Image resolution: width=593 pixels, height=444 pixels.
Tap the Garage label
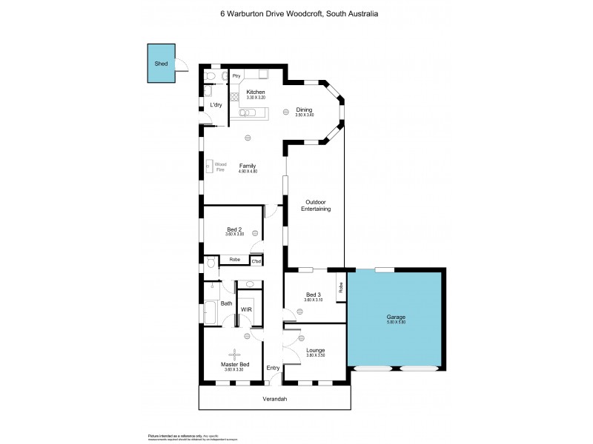tap(396, 317)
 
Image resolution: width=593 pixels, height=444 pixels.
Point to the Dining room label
tap(304, 110)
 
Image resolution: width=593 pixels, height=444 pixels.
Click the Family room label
tap(248, 166)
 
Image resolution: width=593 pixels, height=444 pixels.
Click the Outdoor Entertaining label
tap(316, 206)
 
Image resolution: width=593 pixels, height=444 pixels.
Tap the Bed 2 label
tap(234, 229)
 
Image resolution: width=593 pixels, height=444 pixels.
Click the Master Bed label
tap(234, 365)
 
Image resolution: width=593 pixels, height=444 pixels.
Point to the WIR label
tap(246, 309)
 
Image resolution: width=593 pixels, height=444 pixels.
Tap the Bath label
tap(226, 303)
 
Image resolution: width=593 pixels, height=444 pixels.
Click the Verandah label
tap(275, 400)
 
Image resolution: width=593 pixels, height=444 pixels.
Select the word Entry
tap(274, 368)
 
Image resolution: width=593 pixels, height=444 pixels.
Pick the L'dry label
tap(216, 105)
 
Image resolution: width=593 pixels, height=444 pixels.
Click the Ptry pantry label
tap(236, 75)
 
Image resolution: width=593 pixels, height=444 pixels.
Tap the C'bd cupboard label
tap(256, 261)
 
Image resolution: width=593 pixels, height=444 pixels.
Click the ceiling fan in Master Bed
tap(234, 353)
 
